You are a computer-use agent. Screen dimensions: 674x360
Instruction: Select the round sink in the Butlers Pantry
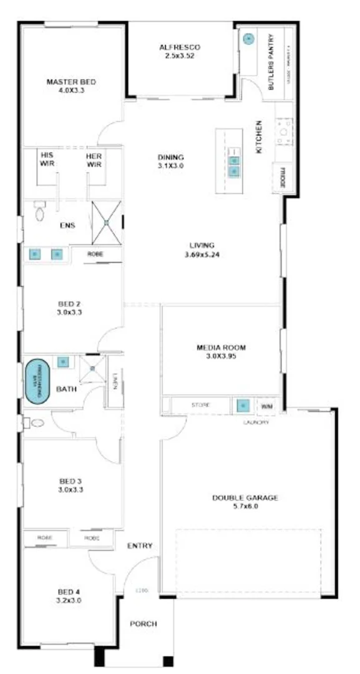point(248,39)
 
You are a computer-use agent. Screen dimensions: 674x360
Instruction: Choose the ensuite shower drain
point(107,222)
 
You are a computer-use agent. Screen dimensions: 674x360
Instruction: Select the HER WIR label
point(94,160)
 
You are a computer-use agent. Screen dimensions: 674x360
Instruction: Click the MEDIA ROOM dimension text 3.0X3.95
point(221,356)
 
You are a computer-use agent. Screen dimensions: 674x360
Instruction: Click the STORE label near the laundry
point(200,406)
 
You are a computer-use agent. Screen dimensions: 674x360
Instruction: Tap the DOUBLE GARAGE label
point(245,497)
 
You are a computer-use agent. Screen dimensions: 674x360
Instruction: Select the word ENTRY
point(140,546)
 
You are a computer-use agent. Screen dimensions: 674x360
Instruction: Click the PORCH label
point(143,624)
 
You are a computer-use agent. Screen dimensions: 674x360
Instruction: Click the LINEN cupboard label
point(115,381)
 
